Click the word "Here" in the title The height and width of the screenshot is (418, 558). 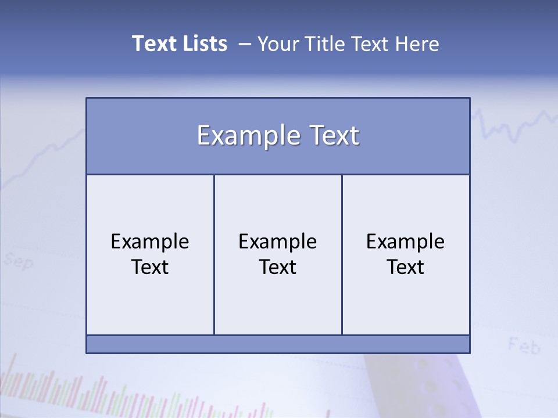(417, 44)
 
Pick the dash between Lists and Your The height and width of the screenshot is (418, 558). (245, 44)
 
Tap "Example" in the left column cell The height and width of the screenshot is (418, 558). (150, 242)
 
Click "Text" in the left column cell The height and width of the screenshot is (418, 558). (150, 267)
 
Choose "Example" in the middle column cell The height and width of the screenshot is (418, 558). (278, 242)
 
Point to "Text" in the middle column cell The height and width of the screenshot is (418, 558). (278, 267)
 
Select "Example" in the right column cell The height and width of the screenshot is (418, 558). (406, 242)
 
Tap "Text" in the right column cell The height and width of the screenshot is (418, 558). (406, 267)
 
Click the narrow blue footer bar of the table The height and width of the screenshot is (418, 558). (278, 344)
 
